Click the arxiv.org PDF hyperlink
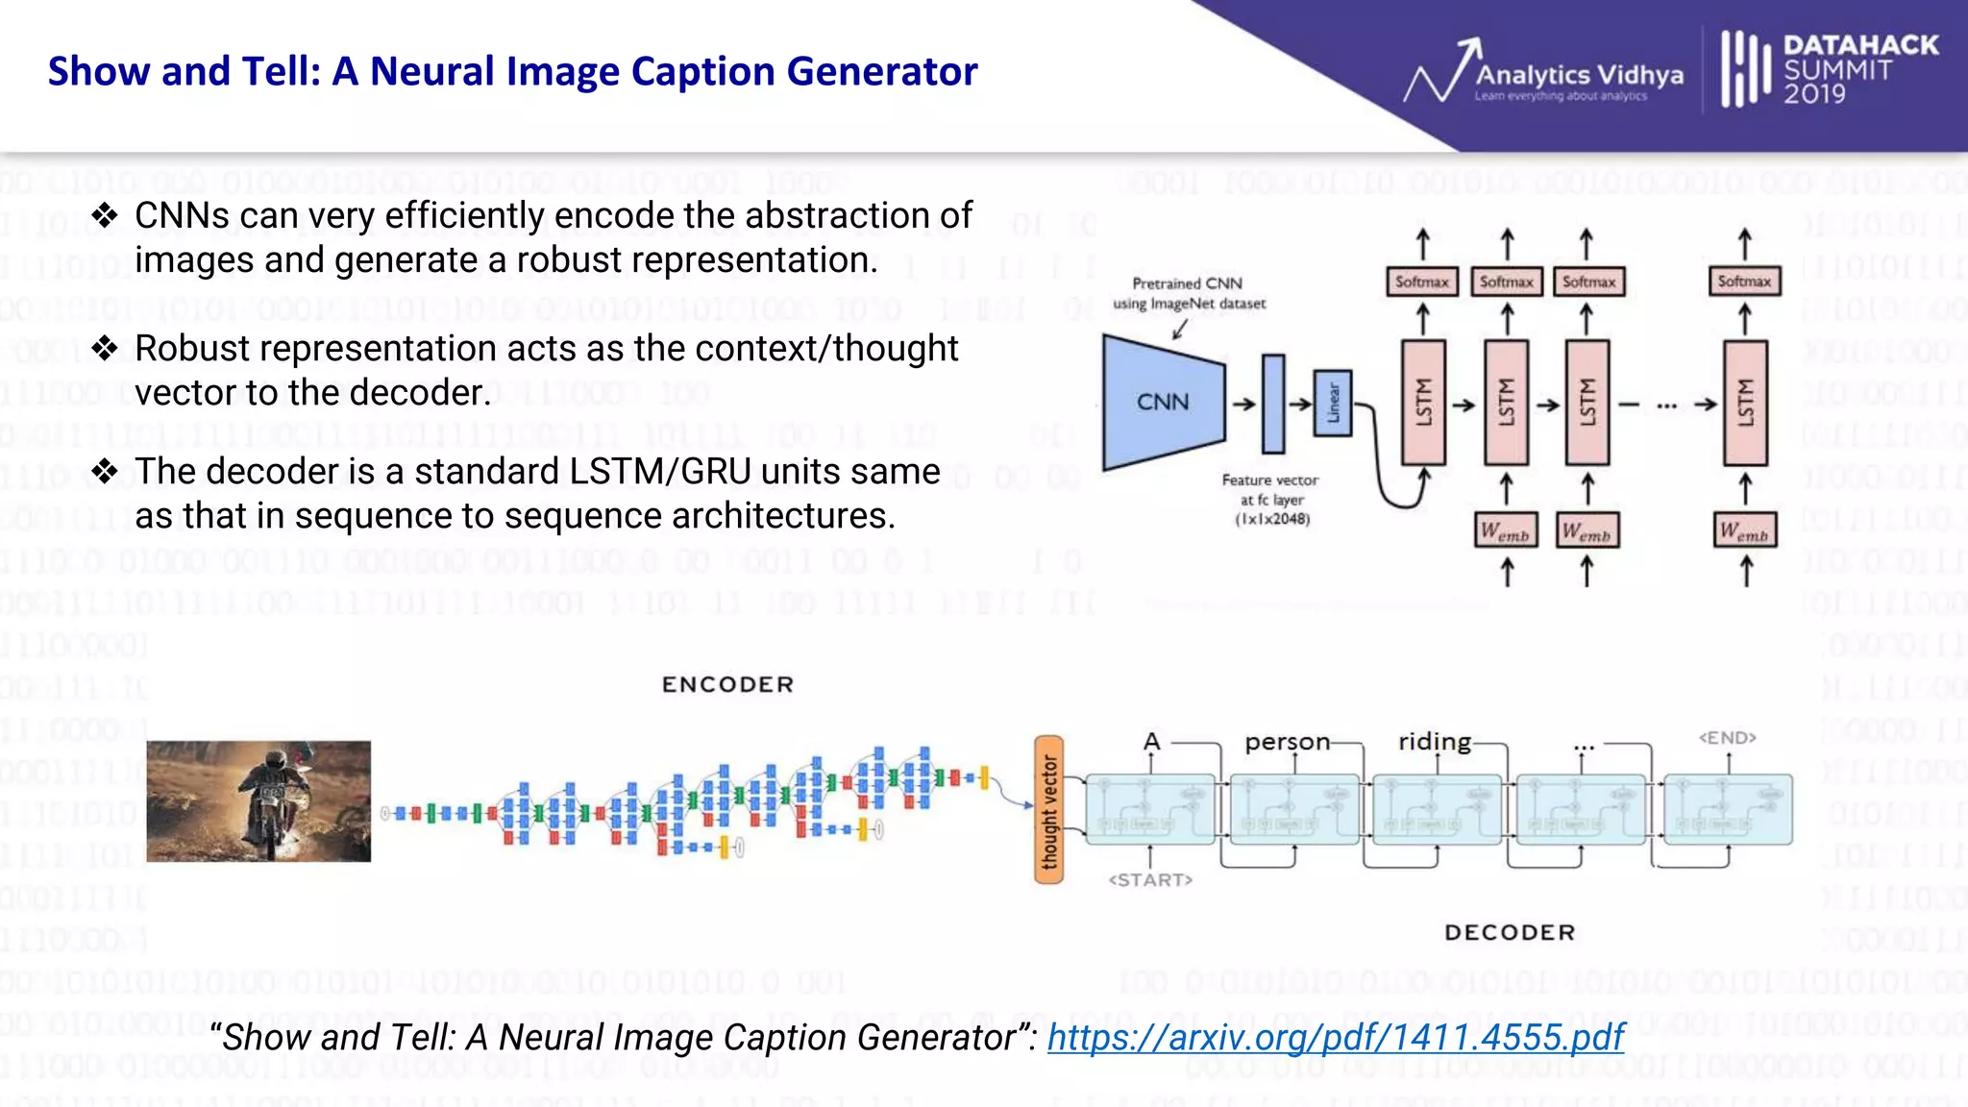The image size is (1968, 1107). point(1335,1037)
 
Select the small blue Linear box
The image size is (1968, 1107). point(1333,403)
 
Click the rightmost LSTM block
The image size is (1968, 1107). point(1745,403)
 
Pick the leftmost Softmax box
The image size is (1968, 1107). point(1422,282)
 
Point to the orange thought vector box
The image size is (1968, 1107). point(1048,809)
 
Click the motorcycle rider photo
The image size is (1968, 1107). point(258,800)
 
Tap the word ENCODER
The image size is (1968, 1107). point(727,684)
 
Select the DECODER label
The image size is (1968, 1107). point(1510,932)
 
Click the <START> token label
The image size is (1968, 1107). point(1150,879)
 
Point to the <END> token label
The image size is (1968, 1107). point(1727,737)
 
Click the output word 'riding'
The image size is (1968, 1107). point(1434,741)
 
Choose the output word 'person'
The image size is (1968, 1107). point(1287,742)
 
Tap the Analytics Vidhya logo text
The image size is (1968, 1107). point(1579,75)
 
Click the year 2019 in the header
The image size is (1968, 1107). point(1814,94)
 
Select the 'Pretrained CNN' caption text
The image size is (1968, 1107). point(1187,283)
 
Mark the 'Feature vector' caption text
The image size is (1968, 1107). point(1269,480)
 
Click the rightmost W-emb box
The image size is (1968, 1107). point(1745,530)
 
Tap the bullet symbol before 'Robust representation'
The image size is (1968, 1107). point(105,348)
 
